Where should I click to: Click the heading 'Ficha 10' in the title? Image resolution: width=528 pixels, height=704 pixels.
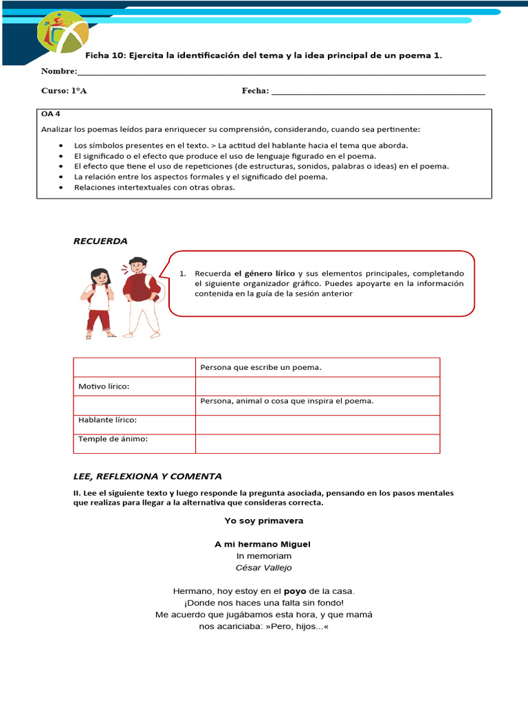pos(103,55)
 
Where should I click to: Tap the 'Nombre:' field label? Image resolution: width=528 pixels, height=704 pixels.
pos(59,71)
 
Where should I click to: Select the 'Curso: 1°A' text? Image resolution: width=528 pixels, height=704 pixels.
pos(64,91)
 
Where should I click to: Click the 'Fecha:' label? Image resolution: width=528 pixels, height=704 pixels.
pos(255,91)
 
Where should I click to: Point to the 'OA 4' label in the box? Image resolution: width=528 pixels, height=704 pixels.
pos(51,115)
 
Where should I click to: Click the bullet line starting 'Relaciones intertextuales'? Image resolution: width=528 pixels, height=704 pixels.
pos(154,187)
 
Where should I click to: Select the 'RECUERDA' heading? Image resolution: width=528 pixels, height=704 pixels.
pos(100,241)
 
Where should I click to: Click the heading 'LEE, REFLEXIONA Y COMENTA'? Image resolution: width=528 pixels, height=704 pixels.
pos(147,476)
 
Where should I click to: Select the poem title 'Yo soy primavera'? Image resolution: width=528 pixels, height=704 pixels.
pos(263,520)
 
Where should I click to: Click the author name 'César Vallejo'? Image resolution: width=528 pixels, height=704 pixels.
pos(263,567)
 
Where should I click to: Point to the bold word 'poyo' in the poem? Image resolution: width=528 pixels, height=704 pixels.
pos(296,591)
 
